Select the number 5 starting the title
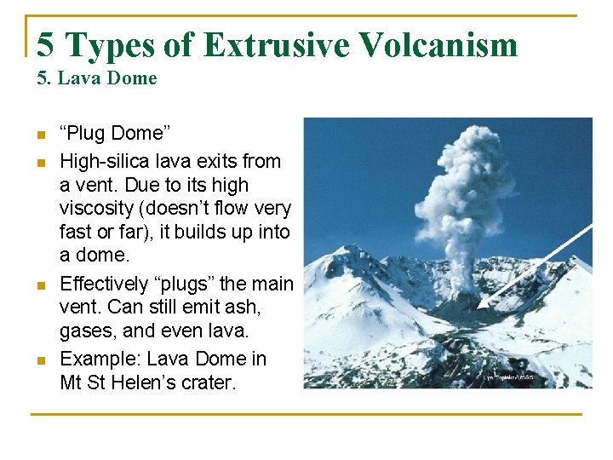coord(47,44)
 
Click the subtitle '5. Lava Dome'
coord(97,78)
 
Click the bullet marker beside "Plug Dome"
coord(39,135)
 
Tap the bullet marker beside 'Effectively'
coord(39,285)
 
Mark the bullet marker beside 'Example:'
coord(39,360)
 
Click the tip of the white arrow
coord(479,307)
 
